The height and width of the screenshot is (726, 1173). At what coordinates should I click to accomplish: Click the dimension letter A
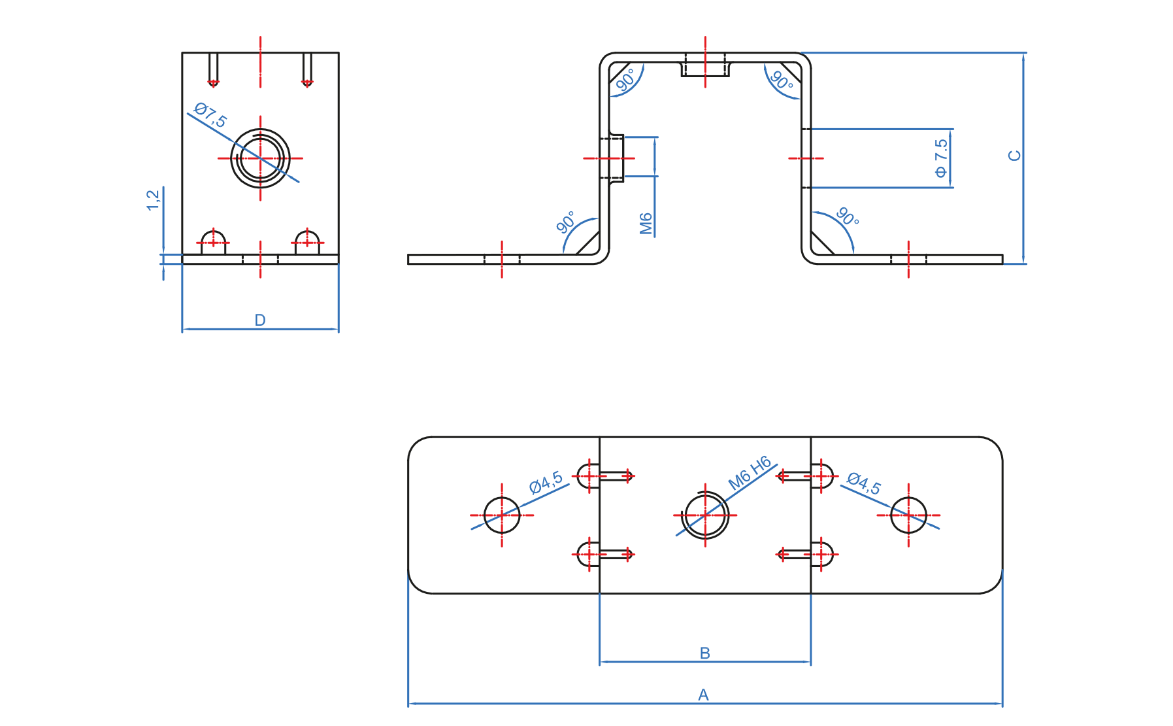point(703,695)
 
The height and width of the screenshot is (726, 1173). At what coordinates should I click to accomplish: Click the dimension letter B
point(704,653)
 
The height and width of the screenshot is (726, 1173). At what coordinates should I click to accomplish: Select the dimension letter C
point(1014,156)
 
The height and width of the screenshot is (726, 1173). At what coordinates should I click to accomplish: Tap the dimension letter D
point(259,320)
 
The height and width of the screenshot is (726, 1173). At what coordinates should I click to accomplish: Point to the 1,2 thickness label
point(153,200)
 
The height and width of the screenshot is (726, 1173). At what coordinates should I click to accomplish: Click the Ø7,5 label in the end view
point(210,116)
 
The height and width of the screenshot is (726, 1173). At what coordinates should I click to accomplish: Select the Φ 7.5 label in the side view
point(940,158)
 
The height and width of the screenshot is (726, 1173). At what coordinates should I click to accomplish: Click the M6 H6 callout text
point(750,473)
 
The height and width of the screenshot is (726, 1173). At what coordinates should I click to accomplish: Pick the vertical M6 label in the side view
point(646,223)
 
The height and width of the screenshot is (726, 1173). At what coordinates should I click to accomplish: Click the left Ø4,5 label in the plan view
point(546,482)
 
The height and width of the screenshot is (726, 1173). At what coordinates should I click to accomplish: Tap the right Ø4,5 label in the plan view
point(864,483)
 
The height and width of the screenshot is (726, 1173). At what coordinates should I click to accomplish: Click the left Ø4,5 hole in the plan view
point(502,515)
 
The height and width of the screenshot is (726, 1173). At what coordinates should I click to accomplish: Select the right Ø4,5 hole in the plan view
point(908,515)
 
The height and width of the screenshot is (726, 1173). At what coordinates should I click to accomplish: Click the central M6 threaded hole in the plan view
point(705,515)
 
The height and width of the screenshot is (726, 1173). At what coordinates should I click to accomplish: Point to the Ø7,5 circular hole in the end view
point(260,158)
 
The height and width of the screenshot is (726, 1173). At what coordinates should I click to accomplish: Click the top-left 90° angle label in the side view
point(625,80)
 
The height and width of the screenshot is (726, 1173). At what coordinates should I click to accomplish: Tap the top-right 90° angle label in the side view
point(782,80)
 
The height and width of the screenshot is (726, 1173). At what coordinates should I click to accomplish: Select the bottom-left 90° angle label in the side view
point(566,222)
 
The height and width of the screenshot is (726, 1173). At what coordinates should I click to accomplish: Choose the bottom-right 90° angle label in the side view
point(848,216)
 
